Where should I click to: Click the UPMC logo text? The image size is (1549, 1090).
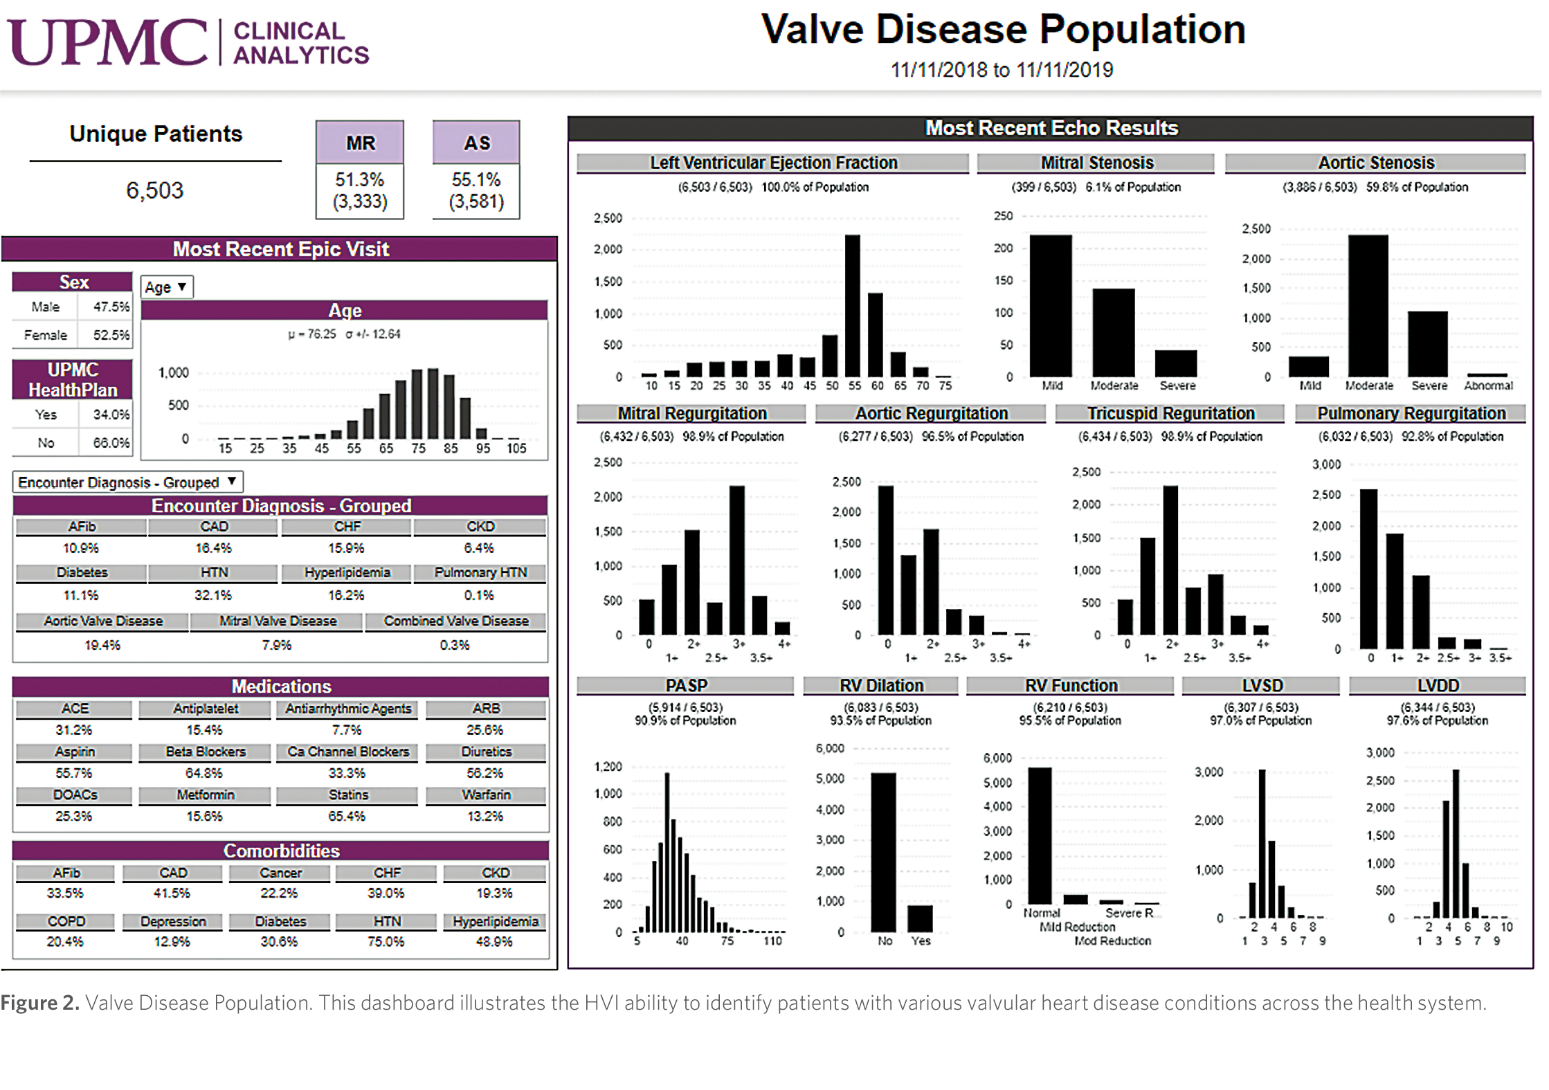point(107,43)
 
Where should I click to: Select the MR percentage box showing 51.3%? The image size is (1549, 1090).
point(360,190)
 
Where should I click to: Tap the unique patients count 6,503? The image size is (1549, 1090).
point(154,190)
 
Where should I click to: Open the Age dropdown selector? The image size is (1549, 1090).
point(166,287)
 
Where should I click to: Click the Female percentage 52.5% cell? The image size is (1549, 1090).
point(111,335)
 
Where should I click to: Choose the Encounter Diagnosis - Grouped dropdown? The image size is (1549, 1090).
point(128,482)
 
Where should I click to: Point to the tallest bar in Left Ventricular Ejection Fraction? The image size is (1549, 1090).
point(852,305)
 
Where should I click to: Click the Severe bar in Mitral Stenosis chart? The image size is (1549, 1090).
point(1175,363)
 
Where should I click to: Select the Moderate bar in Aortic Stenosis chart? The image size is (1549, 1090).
point(1368,305)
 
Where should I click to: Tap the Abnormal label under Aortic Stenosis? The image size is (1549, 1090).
point(1488,385)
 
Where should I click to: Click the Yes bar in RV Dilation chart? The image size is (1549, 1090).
point(920,918)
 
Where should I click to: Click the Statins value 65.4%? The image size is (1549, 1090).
point(346,816)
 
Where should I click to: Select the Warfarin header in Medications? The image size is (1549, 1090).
point(486,794)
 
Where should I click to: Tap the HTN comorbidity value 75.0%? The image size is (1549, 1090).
point(386,941)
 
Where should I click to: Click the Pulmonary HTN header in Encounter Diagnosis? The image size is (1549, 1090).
point(480,572)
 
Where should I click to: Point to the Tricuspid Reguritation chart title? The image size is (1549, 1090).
point(1170,413)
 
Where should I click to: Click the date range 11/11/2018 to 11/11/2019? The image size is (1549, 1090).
point(1002,70)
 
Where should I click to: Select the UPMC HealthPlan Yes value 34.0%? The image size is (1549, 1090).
point(111,415)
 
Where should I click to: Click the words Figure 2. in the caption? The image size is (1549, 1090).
point(39,1003)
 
